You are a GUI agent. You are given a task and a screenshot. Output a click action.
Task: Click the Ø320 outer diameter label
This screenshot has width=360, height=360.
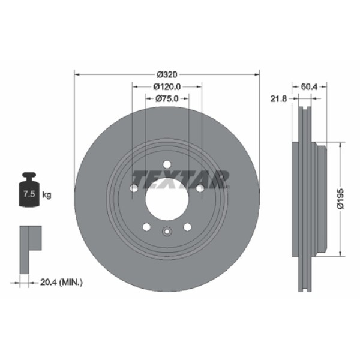[x=166, y=74]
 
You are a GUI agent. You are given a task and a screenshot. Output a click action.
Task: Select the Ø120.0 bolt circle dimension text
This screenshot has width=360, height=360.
[x=167, y=86]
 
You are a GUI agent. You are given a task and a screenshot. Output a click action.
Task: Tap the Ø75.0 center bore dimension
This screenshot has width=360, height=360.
[x=167, y=99]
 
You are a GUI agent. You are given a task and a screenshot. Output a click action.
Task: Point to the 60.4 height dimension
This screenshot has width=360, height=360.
[x=309, y=86]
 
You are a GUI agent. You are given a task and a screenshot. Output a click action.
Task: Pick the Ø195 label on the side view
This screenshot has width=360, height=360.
[x=340, y=198]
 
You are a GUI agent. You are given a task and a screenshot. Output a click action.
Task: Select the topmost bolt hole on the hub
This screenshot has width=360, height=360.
[x=166, y=164]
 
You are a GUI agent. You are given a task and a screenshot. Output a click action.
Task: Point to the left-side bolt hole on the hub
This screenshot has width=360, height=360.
[x=134, y=188]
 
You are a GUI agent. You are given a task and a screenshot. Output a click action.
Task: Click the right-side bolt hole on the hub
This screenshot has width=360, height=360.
[x=199, y=188]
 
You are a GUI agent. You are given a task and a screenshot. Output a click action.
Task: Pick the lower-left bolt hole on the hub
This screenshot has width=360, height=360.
[x=146, y=227]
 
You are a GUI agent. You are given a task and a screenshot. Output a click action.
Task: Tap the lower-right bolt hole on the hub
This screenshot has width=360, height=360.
[x=187, y=227]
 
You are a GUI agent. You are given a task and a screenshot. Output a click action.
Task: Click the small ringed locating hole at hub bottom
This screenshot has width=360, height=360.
[x=166, y=232]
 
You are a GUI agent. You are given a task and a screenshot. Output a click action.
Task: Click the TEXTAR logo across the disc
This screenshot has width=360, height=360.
[x=181, y=179]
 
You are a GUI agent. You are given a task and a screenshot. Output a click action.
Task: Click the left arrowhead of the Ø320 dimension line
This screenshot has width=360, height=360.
[x=76, y=74]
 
